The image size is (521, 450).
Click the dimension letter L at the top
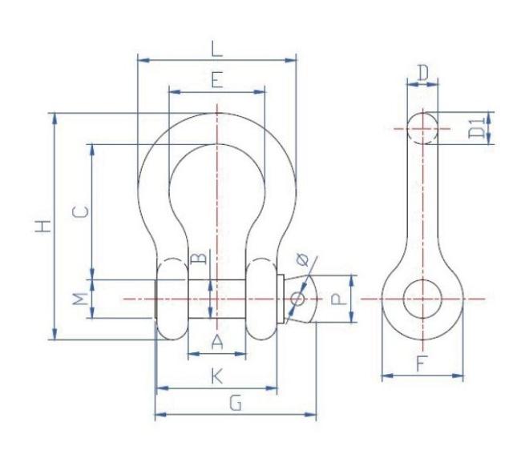click(216, 49)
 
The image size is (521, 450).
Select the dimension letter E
click(217, 79)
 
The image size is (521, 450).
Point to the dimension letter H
click(43, 226)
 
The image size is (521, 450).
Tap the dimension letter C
click(81, 211)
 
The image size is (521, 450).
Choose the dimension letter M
click(81, 299)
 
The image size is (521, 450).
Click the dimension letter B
click(199, 258)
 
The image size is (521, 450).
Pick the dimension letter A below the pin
click(217, 342)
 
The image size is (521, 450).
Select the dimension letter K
click(217, 376)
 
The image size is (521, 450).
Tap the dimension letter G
click(236, 404)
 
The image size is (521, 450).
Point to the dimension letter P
click(338, 299)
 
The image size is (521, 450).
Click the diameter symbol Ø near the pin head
click(303, 259)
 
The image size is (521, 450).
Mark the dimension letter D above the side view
click(422, 73)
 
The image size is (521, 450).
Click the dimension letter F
click(420, 363)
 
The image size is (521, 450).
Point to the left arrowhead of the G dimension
click(160, 414)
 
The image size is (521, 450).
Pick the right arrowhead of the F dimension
click(458, 376)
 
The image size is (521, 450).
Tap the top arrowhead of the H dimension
click(55, 119)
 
